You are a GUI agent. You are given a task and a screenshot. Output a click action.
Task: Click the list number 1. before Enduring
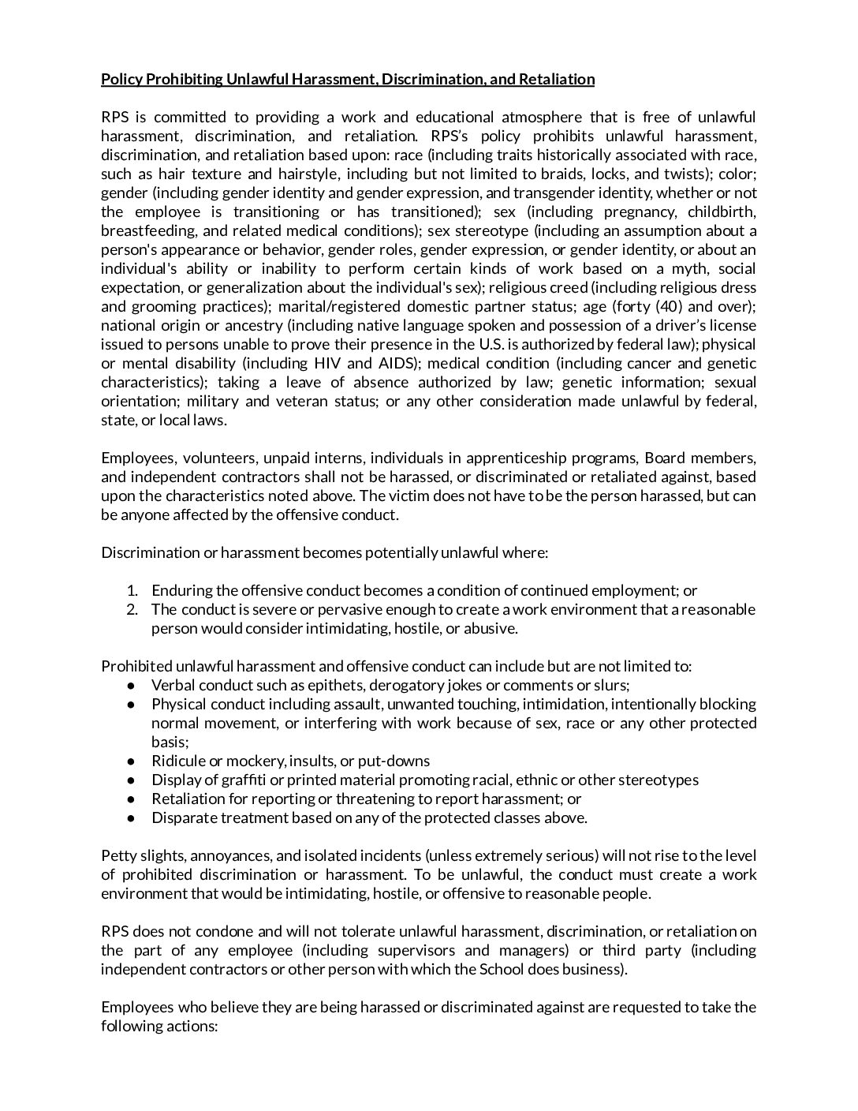pyautogui.click(x=132, y=590)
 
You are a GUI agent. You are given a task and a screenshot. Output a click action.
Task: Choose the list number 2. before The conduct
pyautogui.click(x=132, y=609)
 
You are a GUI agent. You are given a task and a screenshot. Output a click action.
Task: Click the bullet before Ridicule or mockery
pyautogui.click(x=132, y=761)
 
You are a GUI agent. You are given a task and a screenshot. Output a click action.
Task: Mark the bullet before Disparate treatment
pyautogui.click(x=132, y=817)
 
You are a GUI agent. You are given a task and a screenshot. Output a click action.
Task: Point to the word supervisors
pyautogui.click(x=418, y=950)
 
